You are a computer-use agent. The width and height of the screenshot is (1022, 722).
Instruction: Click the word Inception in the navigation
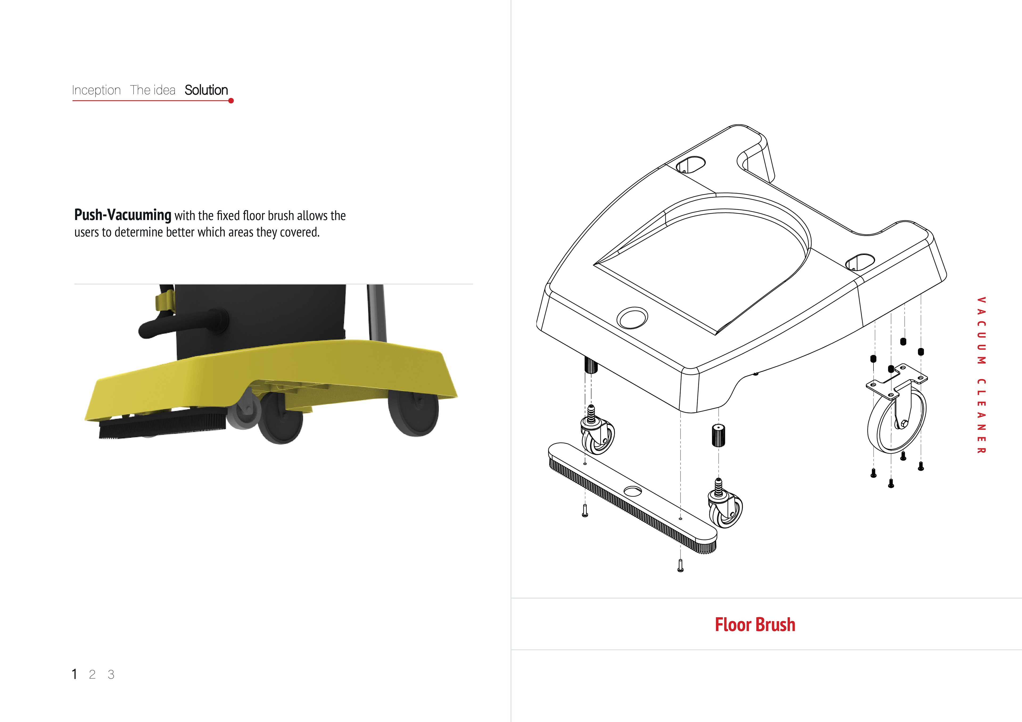click(x=96, y=90)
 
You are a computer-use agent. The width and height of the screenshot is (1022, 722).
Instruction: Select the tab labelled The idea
click(x=153, y=90)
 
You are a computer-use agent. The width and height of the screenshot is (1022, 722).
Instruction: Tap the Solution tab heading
click(x=206, y=90)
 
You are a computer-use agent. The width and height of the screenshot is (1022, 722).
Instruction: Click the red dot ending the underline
click(x=231, y=101)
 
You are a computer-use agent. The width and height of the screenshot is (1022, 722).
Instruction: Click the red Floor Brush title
click(x=755, y=625)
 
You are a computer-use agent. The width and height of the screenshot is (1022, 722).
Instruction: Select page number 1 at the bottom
click(x=74, y=674)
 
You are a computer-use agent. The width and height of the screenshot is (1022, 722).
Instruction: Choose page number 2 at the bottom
click(x=92, y=674)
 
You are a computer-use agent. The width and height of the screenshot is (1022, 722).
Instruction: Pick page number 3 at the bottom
click(x=111, y=674)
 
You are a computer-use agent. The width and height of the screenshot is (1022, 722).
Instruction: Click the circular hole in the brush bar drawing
click(x=633, y=491)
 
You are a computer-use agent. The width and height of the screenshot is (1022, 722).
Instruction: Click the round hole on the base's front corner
click(x=632, y=318)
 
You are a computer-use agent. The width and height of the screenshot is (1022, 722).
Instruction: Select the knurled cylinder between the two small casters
click(x=718, y=435)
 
